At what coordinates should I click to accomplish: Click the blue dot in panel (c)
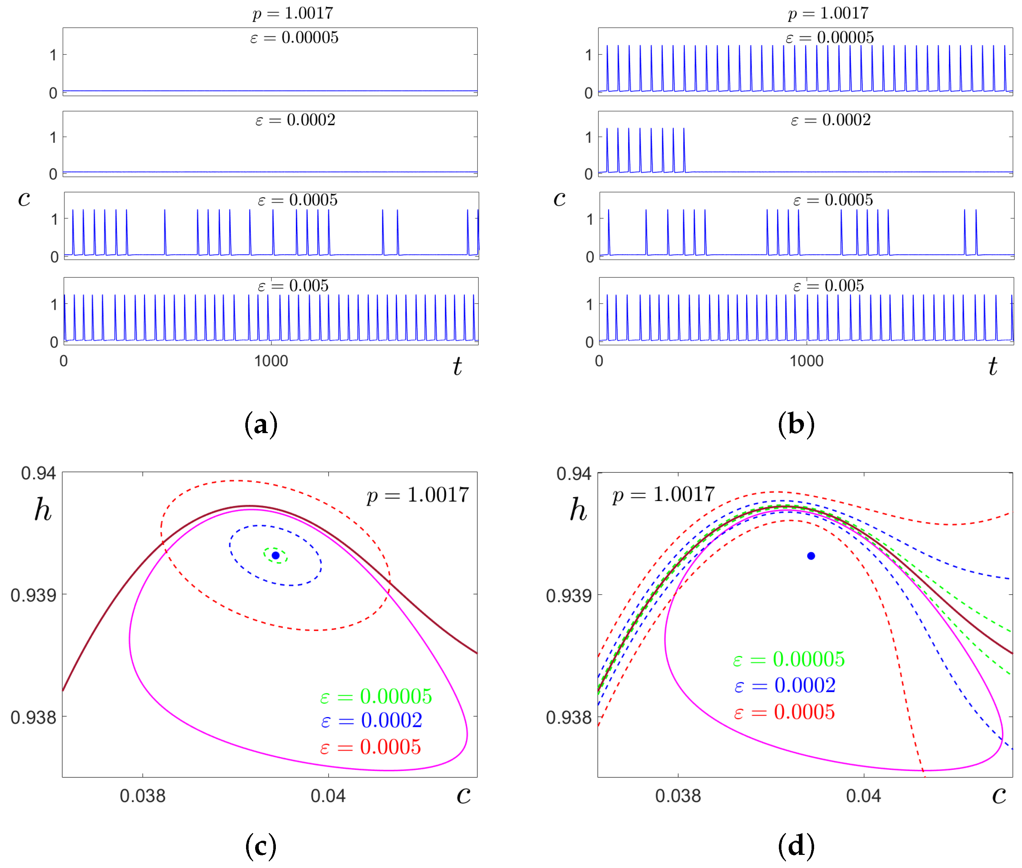(275, 555)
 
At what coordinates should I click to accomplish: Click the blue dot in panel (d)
(811, 556)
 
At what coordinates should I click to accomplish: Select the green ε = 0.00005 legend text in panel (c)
(376, 696)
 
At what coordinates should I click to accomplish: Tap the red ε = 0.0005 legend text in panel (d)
(784, 712)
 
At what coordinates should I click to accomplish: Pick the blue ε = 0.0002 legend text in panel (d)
(784, 685)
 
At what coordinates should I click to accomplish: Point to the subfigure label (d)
(796, 846)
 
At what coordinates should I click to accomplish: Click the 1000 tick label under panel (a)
(271, 361)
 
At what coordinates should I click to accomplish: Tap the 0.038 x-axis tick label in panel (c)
(142, 796)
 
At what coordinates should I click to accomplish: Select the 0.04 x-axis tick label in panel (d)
(863, 796)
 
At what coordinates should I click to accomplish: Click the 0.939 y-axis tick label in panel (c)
(33, 595)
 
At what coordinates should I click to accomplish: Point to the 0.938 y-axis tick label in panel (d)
(568, 717)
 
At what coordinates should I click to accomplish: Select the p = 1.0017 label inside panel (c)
(418, 495)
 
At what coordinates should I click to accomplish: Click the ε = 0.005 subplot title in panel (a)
(293, 285)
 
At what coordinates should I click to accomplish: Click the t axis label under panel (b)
(993, 367)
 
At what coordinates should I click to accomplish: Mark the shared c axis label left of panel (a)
(24, 198)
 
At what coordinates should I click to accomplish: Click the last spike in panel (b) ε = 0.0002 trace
(684, 150)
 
